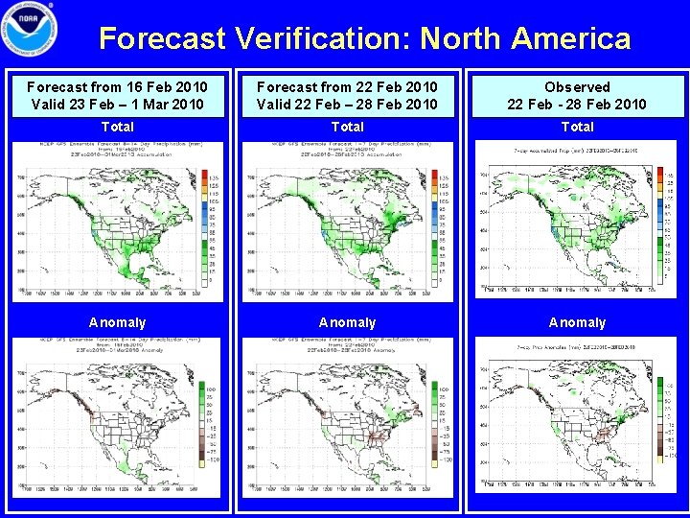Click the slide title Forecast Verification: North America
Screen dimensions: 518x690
365,38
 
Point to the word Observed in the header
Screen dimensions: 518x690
577,87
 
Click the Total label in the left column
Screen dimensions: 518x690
117,127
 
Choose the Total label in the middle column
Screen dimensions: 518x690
347,127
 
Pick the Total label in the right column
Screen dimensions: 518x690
577,127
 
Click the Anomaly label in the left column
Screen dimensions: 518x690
117,322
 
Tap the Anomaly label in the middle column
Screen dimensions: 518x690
347,322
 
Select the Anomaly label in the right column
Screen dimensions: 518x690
577,322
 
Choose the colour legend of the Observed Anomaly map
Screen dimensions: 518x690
667,422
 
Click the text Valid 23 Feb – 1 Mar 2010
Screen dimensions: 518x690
117,104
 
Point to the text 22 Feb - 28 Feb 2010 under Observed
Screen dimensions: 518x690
577,104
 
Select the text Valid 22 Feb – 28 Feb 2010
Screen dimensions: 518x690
347,104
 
